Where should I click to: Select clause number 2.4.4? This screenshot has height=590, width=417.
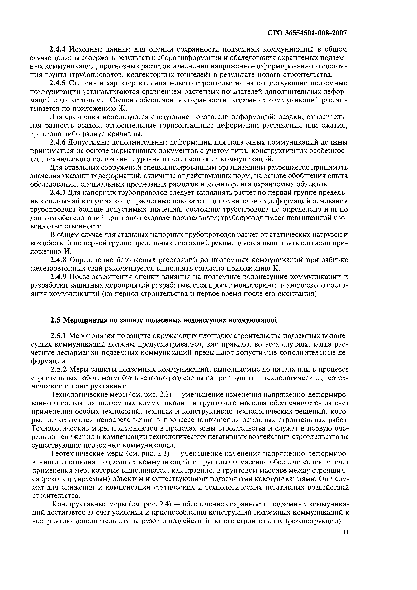point(59,49)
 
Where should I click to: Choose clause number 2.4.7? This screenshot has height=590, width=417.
point(59,193)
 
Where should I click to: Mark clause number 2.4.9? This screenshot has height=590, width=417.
point(59,277)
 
